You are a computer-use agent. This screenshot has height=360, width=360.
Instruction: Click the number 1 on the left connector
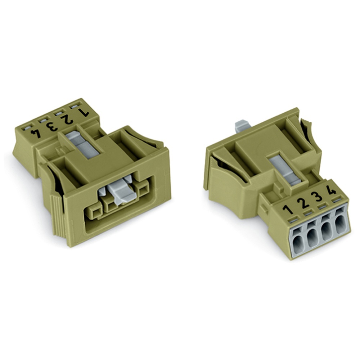pyautogui.click(x=84, y=112)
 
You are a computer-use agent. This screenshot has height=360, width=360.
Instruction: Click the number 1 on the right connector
pyautogui.click(x=288, y=210)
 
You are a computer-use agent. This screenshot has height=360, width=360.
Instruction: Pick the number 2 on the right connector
pyautogui.click(x=303, y=203)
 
